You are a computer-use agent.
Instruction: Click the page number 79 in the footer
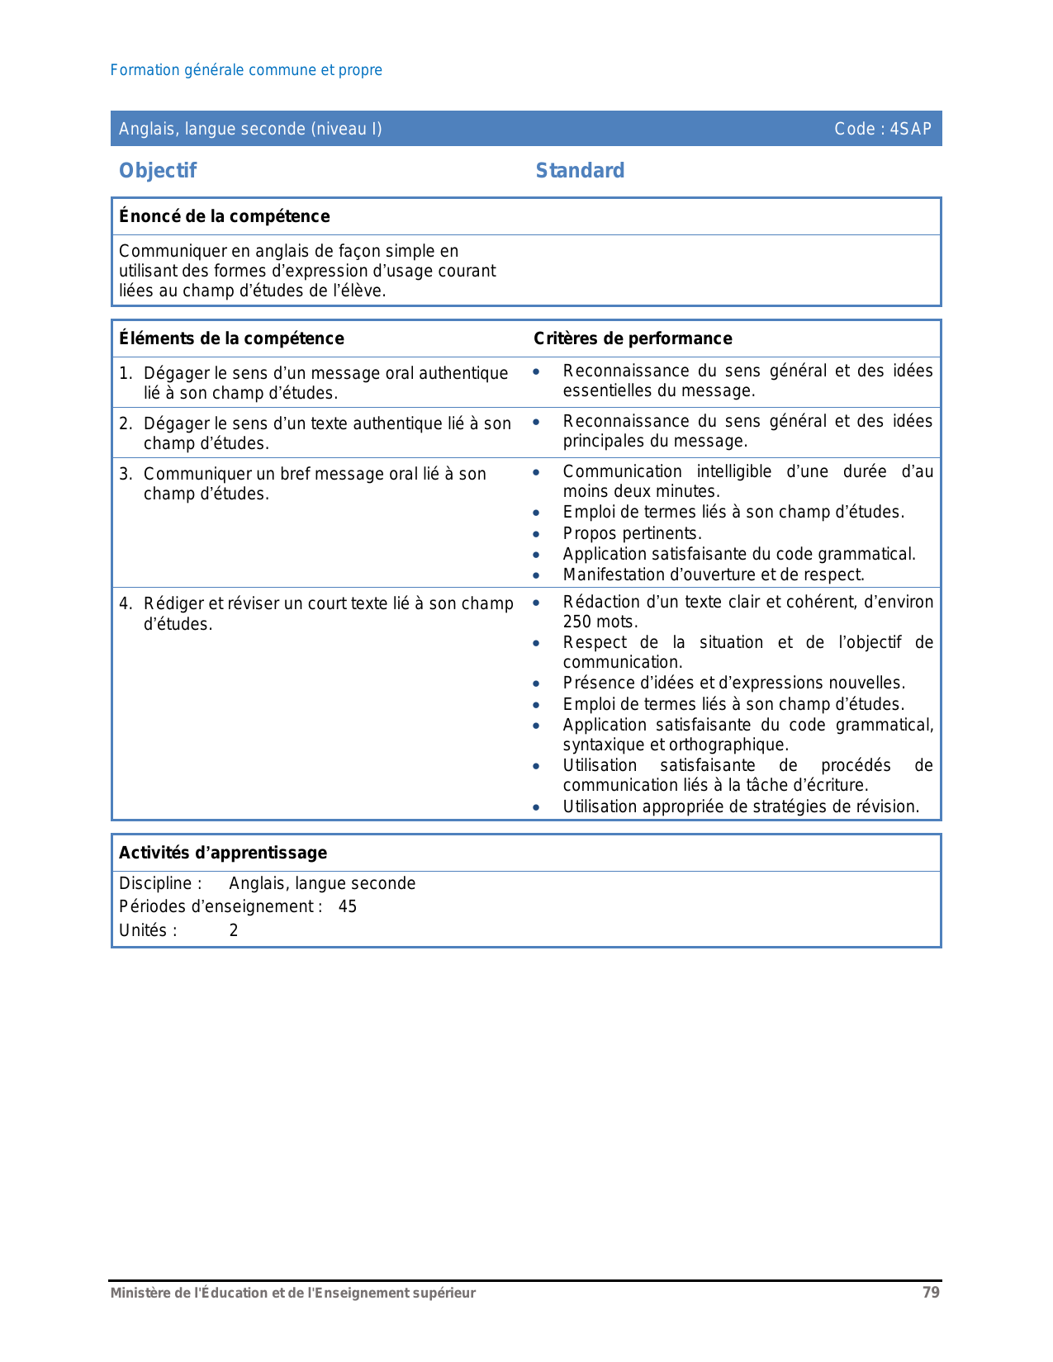[931, 1293]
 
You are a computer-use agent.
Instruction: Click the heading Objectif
[158, 171]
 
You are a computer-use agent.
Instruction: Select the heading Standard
[580, 171]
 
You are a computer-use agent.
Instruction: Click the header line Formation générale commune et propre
[246, 70]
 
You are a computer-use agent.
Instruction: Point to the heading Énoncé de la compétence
[224, 216]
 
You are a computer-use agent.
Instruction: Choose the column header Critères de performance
[633, 338]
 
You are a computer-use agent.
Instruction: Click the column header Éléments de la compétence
[231, 338]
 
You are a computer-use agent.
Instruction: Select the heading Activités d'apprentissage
[223, 853]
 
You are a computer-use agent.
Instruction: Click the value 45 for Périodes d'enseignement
[348, 906]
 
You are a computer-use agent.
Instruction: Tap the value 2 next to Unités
[234, 930]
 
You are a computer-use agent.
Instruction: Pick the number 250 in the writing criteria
[578, 622]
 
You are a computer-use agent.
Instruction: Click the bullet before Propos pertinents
[536, 534]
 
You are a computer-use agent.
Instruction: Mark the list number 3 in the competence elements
[125, 474]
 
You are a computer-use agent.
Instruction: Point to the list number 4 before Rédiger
[125, 603]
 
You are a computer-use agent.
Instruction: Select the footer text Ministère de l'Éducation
[293, 1293]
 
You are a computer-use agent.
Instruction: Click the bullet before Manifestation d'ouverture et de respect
[536, 575]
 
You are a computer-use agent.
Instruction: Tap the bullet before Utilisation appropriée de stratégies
[536, 807]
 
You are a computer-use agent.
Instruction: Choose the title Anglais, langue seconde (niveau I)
[250, 129]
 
